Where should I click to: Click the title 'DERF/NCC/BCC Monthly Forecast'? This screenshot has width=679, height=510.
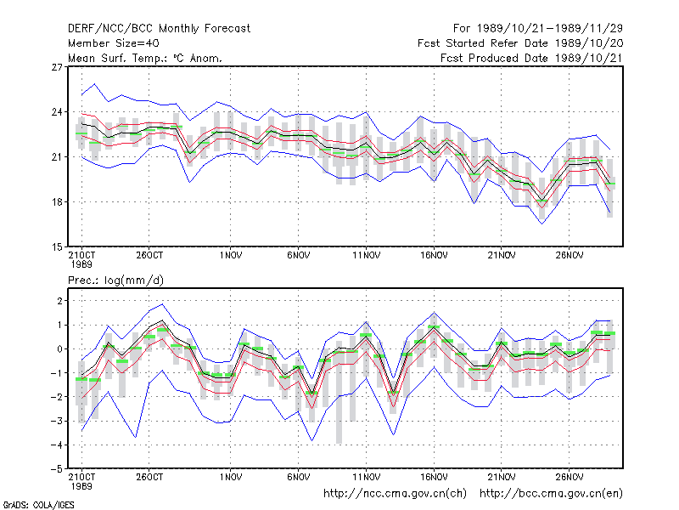pos(159,29)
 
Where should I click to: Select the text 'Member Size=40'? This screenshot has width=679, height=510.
pos(114,43)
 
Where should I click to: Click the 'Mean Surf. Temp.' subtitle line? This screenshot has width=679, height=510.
pos(144,58)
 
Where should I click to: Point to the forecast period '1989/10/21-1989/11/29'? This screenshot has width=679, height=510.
pos(550,29)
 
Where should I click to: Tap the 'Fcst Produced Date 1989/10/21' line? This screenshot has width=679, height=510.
pos(532,58)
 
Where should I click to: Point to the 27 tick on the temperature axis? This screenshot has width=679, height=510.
pos(57,67)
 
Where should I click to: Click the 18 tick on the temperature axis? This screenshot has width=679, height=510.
pos(57,202)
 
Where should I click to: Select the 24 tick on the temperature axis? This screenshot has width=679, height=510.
pos(57,112)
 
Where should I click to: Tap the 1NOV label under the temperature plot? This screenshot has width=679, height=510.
pos(230,256)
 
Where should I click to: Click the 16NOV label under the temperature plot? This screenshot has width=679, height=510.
pos(434,256)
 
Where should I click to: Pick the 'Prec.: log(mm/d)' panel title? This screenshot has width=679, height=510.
pos(115,280)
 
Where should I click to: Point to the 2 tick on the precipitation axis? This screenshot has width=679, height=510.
pos(59,301)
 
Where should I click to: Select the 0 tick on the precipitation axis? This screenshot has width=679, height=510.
pos(59,349)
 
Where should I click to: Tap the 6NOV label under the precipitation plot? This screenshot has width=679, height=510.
pos(299,477)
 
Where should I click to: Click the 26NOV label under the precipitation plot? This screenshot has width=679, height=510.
pos(570,477)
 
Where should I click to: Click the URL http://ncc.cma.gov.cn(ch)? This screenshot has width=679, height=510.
pos(395,494)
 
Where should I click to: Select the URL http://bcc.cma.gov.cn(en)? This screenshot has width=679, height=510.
pos(551,494)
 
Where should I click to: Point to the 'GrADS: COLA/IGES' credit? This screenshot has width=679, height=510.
pos(39,505)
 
